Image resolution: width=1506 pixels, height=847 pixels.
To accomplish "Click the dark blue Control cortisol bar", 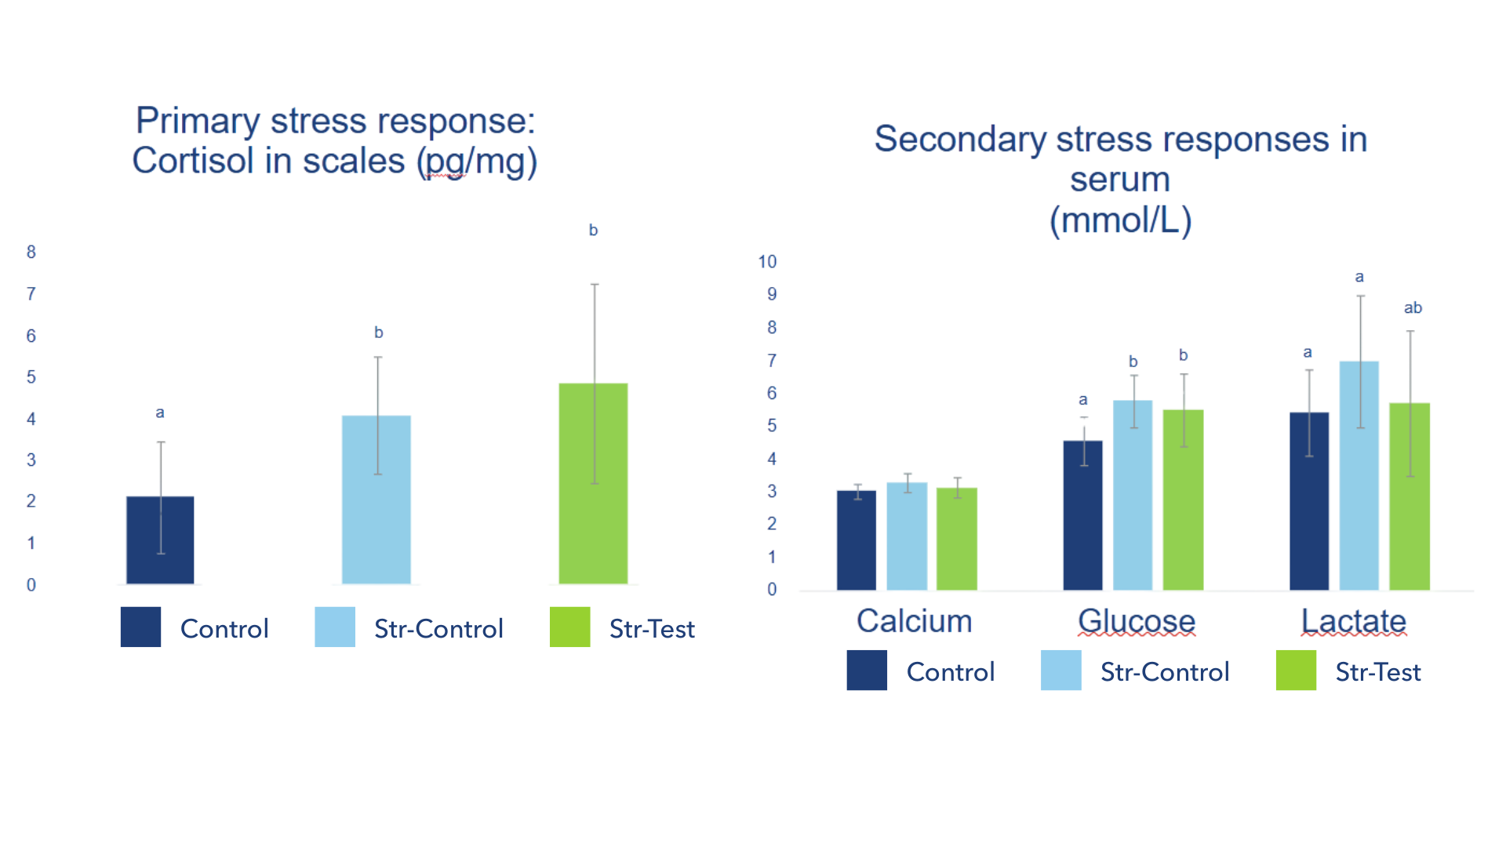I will point(160,541).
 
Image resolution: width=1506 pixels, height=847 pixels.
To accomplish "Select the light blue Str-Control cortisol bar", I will point(376,502).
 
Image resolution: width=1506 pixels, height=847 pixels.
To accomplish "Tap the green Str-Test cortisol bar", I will point(593,486).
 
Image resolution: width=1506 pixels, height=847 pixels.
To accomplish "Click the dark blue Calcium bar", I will point(857,541).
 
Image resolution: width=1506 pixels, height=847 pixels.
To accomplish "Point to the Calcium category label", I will point(915,621).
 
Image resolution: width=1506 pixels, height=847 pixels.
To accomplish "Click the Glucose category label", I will point(1137,621).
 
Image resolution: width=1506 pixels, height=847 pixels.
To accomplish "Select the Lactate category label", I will point(1354,621).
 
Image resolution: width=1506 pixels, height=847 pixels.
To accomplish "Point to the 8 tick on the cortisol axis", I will point(31,252).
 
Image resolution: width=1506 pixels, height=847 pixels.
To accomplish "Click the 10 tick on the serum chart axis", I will point(768,261).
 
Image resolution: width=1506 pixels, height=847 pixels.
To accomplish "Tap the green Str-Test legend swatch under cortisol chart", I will point(569,627).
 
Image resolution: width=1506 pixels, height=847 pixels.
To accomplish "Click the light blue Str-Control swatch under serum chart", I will point(1060,670).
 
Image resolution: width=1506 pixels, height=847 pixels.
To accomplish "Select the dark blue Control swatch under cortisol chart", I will point(140,627).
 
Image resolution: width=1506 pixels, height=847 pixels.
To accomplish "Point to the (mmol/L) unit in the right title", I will point(1121,220).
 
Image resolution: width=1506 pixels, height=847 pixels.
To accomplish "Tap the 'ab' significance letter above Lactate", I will point(1413,308).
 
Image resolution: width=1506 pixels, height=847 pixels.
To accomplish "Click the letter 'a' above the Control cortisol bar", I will point(160,413).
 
